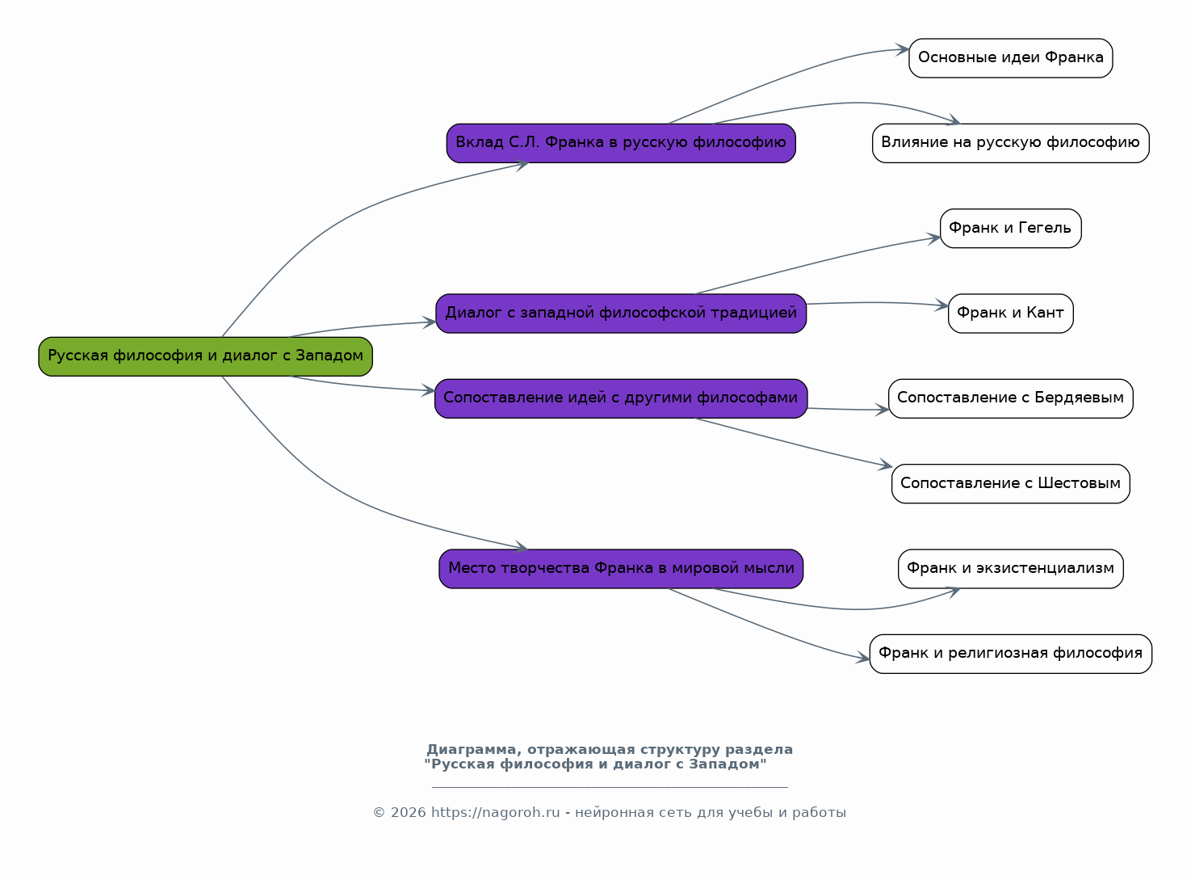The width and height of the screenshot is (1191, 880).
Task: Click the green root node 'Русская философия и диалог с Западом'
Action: point(206,356)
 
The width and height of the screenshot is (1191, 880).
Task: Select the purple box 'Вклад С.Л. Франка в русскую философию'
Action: point(621,144)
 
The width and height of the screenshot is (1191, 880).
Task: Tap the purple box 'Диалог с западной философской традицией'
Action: point(621,314)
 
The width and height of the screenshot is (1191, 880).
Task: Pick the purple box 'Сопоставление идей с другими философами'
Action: point(621,398)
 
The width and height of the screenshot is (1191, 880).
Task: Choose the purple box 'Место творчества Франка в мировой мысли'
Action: point(621,569)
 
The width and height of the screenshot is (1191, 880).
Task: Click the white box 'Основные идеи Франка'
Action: point(1011,58)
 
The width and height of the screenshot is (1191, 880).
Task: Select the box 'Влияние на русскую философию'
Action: point(1011,144)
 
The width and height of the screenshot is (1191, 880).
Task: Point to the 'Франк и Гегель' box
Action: point(1011,229)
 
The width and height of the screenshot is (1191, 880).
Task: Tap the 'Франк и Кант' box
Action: point(1011,314)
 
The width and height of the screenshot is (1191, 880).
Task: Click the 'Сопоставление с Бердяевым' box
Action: point(1011,398)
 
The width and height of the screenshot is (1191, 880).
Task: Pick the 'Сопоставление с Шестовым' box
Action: point(1011,484)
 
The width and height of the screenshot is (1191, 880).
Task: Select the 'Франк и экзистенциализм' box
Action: point(1011,569)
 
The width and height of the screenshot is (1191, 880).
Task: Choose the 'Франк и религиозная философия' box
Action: point(1011,655)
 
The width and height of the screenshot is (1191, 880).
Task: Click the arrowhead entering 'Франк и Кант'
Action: point(941,305)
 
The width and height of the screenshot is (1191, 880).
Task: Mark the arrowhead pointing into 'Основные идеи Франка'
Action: point(903,50)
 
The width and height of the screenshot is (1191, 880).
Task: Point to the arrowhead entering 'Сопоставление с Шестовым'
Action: point(885,465)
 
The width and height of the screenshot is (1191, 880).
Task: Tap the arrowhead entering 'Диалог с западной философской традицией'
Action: point(429,322)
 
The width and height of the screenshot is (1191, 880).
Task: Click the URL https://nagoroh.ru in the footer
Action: point(495,812)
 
